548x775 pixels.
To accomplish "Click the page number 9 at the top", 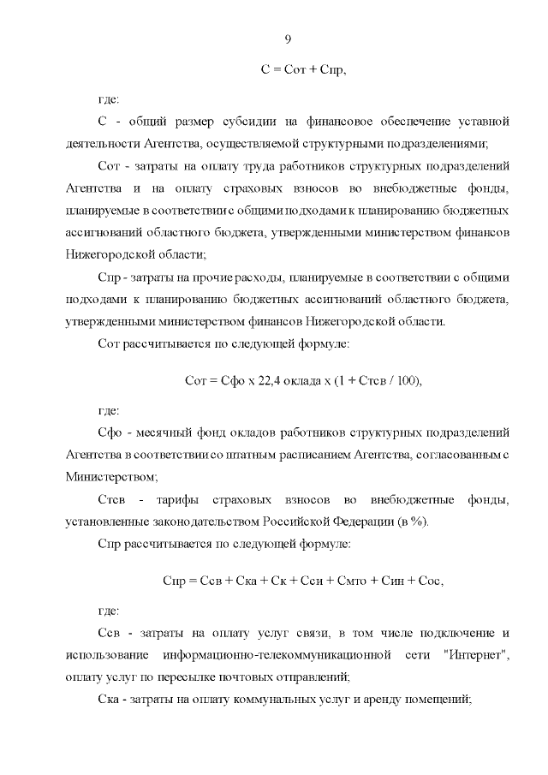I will click(x=288, y=39).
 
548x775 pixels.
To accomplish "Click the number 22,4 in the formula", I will click(x=271, y=380).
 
